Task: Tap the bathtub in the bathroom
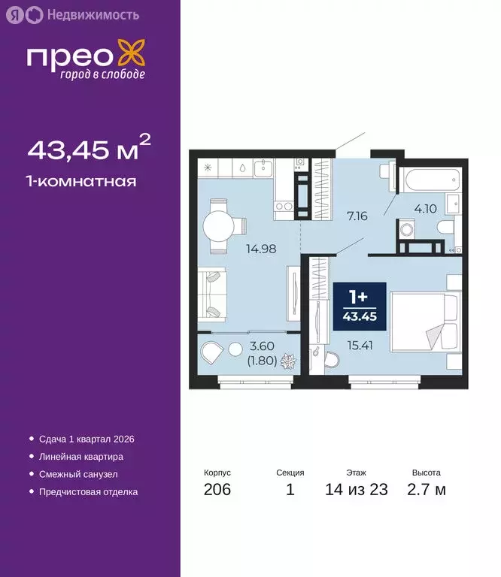tap(428, 179)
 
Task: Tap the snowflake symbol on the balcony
tap(287, 363)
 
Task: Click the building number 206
tap(217, 491)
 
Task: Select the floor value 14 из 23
tap(356, 491)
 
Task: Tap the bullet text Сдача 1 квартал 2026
tap(85, 439)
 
